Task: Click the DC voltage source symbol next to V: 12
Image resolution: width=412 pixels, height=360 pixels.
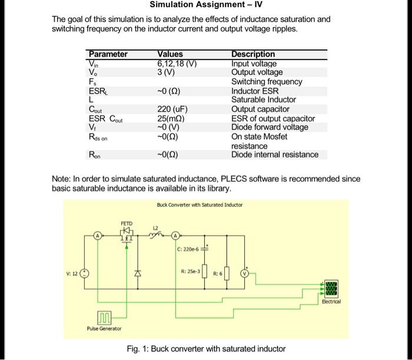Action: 85,274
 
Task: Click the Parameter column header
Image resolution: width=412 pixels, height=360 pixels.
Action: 108,54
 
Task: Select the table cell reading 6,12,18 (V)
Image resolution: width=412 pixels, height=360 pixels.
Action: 177,64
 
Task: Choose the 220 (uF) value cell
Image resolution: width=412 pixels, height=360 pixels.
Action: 172,109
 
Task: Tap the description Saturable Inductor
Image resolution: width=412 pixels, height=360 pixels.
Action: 263,100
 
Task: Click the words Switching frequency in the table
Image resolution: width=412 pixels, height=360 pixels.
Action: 267,82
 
